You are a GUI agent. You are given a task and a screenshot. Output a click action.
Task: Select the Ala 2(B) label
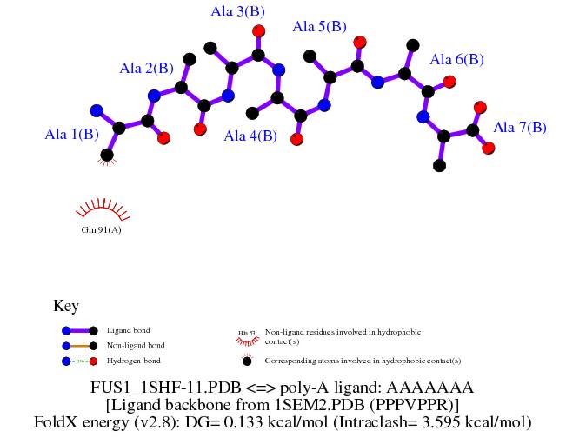147,68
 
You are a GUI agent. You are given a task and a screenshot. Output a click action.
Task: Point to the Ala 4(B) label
250,136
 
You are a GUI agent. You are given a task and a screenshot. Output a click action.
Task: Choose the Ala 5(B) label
321,26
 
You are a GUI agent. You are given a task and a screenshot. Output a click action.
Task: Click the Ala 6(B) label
456,59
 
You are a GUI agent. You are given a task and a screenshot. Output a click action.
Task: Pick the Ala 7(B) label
520,127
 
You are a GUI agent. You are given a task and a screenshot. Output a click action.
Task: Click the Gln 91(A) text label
101,230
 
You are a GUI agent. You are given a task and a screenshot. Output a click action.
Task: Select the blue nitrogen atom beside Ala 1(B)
97,110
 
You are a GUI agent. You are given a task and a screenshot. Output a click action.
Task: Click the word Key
66,306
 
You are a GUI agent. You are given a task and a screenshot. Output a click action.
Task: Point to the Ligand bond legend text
128,330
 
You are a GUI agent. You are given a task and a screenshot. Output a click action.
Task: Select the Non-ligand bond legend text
134,345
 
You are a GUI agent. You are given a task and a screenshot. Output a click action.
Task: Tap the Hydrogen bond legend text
133,360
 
